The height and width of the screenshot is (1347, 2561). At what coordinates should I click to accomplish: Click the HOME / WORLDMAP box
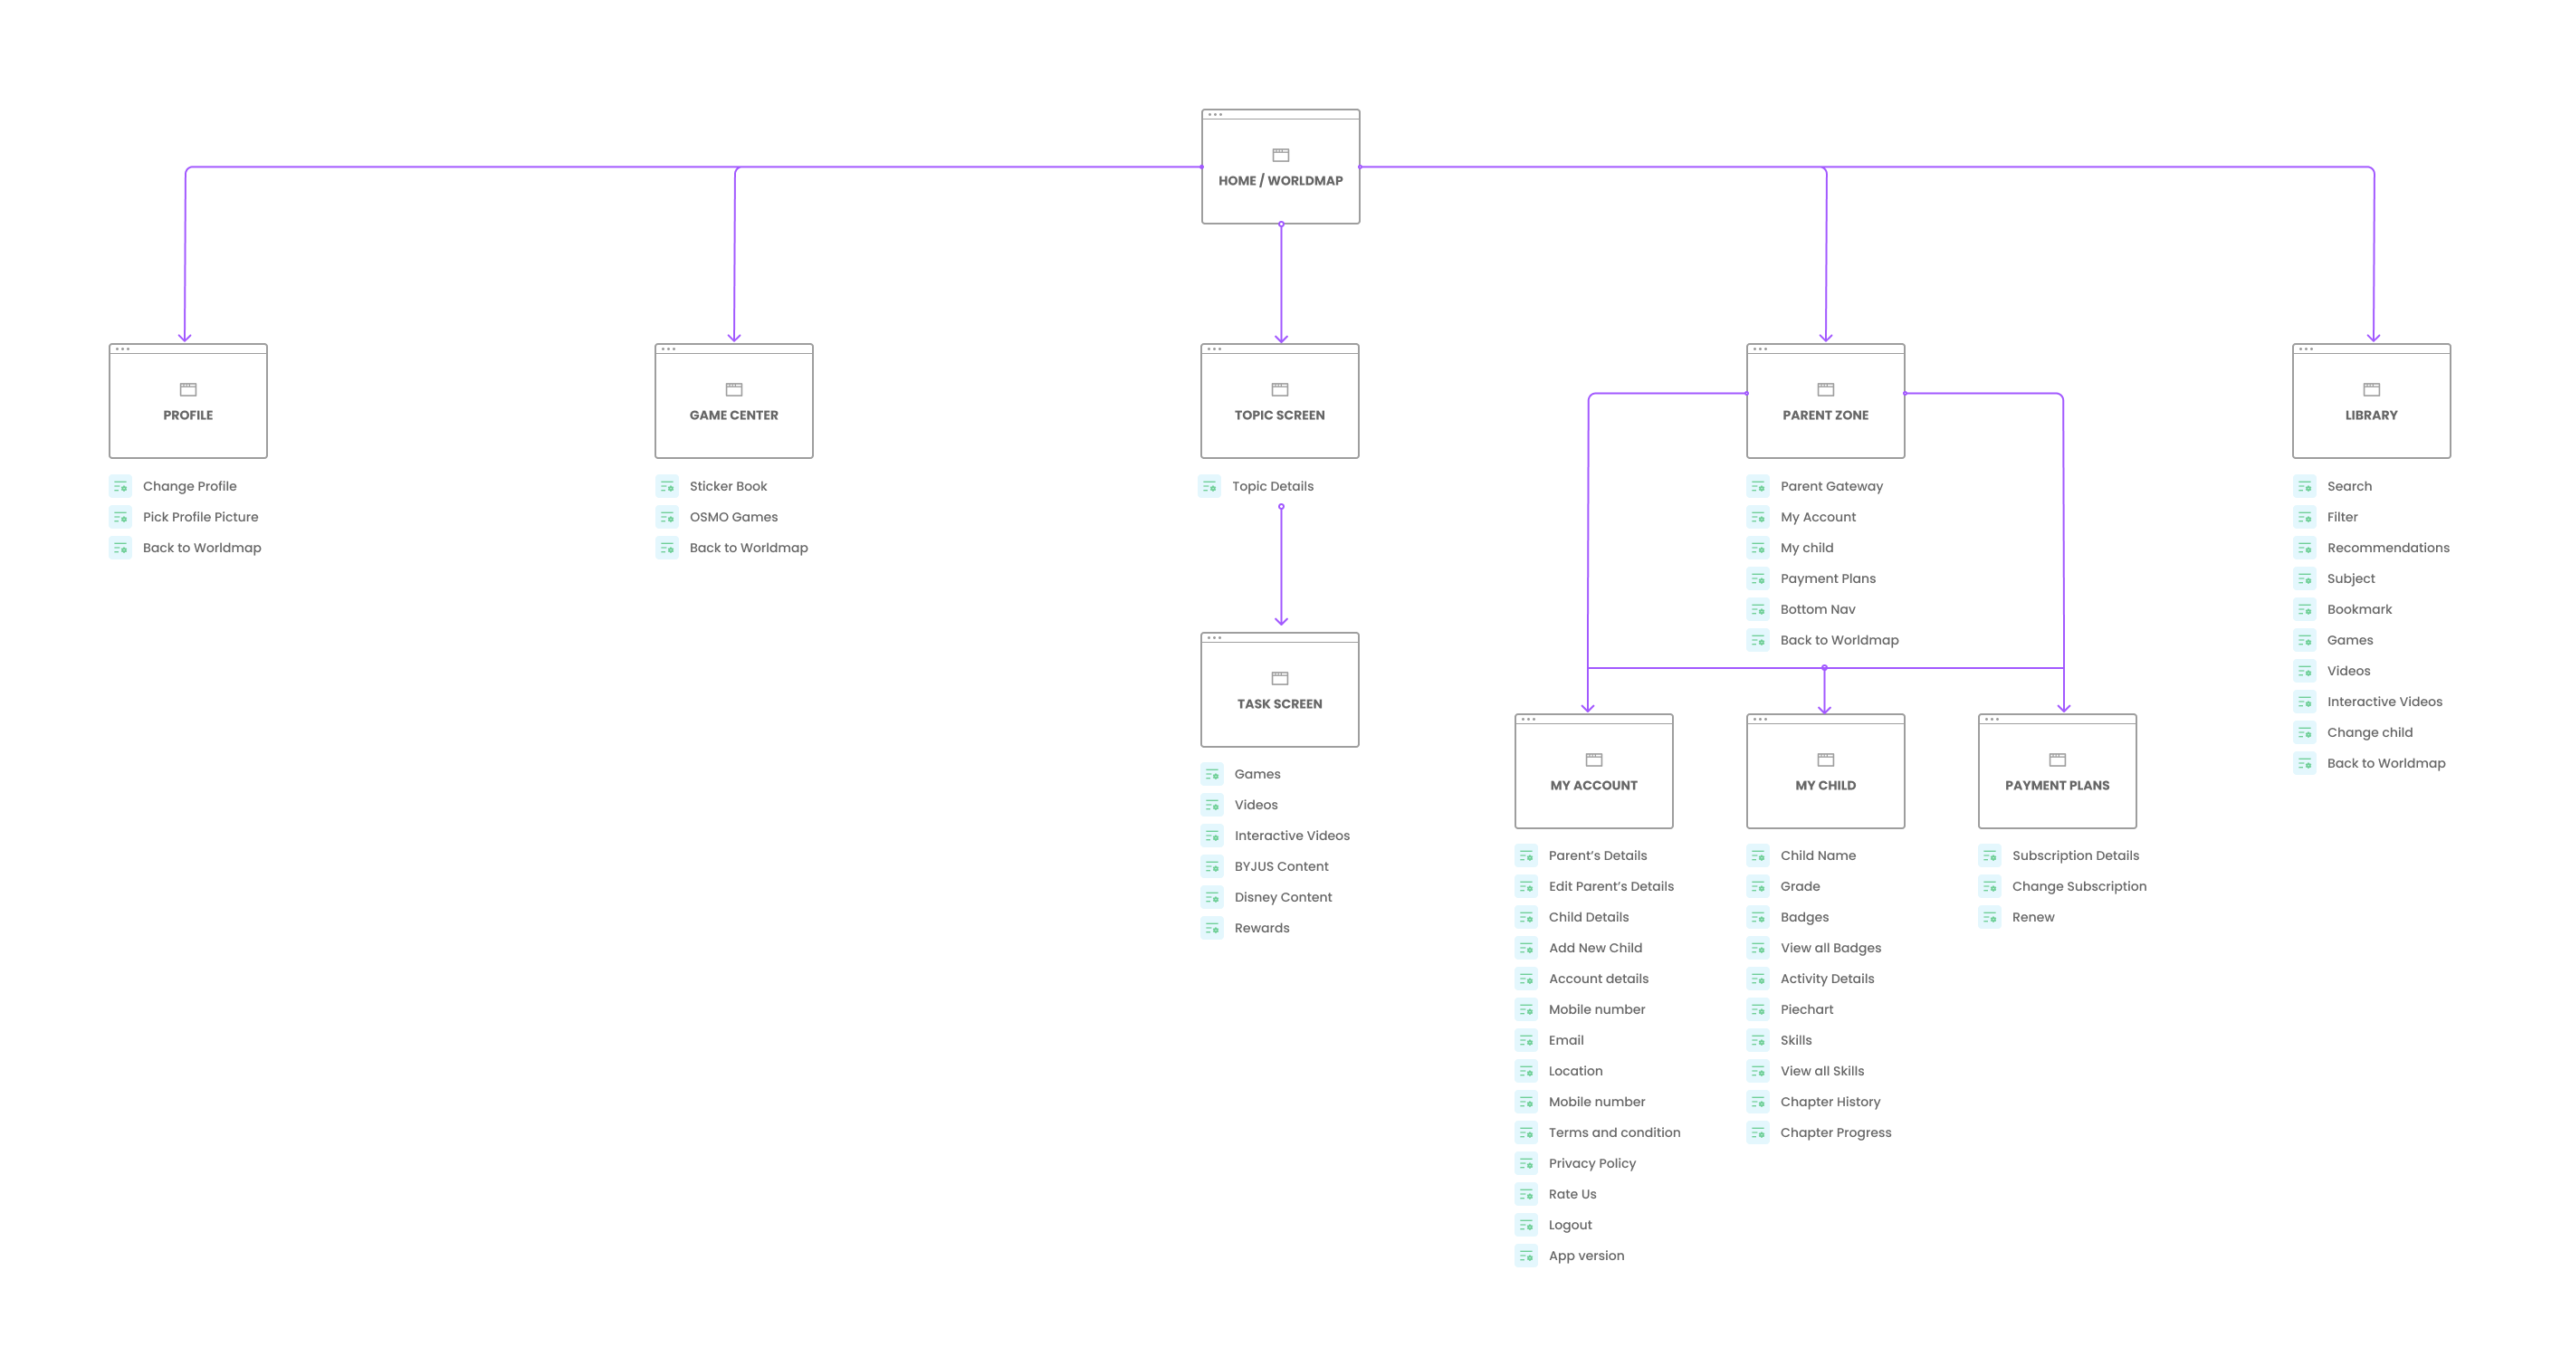(1280, 167)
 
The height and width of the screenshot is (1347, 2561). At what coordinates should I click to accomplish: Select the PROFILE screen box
(188, 402)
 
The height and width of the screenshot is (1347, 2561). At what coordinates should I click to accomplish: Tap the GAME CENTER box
(733, 402)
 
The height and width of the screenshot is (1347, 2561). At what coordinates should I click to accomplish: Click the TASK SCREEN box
(1279, 690)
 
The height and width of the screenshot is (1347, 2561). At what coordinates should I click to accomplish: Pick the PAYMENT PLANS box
(2057, 771)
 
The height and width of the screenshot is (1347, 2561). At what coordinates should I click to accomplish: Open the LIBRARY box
(2371, 402)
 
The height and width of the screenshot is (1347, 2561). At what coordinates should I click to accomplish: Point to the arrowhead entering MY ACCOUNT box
(1588, 708)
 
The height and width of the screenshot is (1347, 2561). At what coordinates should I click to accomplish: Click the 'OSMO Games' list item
(732, 517)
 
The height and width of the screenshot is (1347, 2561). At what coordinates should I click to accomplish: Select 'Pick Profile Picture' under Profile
(200, 517)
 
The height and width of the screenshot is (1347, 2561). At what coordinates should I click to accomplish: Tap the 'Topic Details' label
(1273, 486)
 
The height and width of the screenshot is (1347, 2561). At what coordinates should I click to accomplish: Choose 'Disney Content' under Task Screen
(1283, 897)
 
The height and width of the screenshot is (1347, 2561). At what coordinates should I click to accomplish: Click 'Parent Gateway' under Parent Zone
(1831, 486)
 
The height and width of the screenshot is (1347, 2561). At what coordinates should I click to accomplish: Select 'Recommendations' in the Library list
(2388, 548)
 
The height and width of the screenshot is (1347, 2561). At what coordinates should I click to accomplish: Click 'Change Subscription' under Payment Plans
(2078, 885)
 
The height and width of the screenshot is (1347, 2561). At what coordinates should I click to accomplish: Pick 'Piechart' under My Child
(1806, 1009)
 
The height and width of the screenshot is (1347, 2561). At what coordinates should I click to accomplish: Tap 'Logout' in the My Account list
(1570, 1225)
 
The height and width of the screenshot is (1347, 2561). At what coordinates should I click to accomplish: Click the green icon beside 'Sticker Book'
(667, 486)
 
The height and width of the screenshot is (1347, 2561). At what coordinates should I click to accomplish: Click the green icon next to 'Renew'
(1990, 916)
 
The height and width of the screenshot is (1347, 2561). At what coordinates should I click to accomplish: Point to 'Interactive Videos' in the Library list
(2384, 702)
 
